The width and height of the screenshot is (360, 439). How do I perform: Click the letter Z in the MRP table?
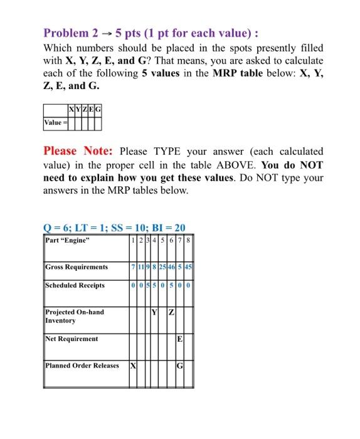click(x=169, y=312)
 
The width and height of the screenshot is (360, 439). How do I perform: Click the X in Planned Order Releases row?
click(x=133, y=365)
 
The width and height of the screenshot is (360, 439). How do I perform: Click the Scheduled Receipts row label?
click(x=75, y=285)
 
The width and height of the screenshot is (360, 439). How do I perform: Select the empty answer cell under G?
click(x=98, y=122)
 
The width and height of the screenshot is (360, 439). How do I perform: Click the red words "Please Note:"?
click(x=78, y=151)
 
